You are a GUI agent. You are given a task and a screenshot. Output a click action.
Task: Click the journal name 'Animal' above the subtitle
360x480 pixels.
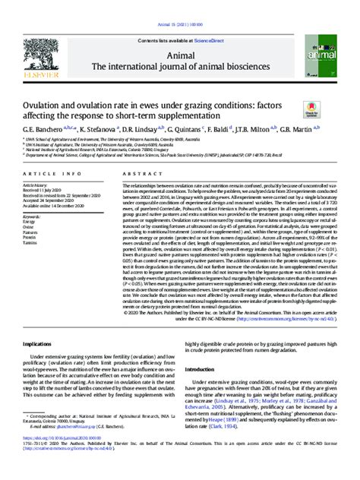pos(180,55)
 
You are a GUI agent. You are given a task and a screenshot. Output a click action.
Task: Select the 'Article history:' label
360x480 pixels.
pos(37,185)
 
